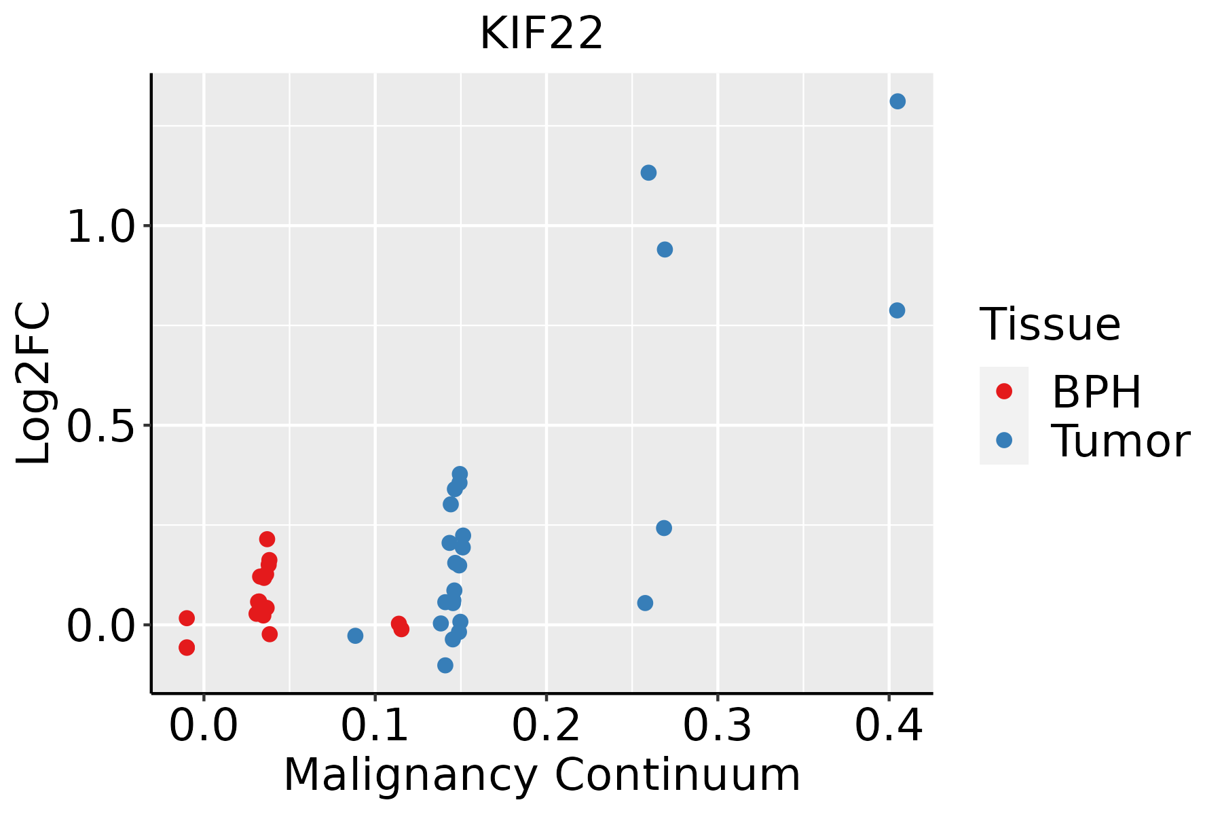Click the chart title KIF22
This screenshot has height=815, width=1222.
(x=541, y=34)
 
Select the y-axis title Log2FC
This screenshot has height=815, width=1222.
(x=34, y=384)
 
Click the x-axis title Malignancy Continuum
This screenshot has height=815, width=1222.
(x=541, y=775)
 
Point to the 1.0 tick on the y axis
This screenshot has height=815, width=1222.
(x=102, y=226)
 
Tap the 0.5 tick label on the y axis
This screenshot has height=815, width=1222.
(x=102, y=426)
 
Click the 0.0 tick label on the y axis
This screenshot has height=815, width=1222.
(x=102, y=626)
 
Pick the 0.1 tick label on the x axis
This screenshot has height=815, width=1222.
(x=374, y=725)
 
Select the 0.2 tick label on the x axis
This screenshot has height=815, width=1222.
(x=546, y=725)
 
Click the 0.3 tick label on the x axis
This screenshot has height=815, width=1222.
(x=717, y=725)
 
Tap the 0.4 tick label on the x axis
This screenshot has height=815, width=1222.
(x=888, y=725)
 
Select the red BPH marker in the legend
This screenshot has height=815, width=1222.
(x=1003, y=391)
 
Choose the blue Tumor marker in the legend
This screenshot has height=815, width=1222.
(x=1003, y=440)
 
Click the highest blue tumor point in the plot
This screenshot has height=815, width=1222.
(x=897, y=101)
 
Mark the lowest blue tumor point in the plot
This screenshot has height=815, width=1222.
(x=445, y=665)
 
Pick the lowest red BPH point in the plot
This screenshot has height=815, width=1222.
(x=187, y=647)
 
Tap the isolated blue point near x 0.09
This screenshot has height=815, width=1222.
(x=355, y=636)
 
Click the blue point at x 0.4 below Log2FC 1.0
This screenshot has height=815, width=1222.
(x=897, y=310)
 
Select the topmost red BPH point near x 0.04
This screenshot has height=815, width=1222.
(x=267, y=539)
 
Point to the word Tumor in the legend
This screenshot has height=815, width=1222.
(x=1120, y=441)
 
